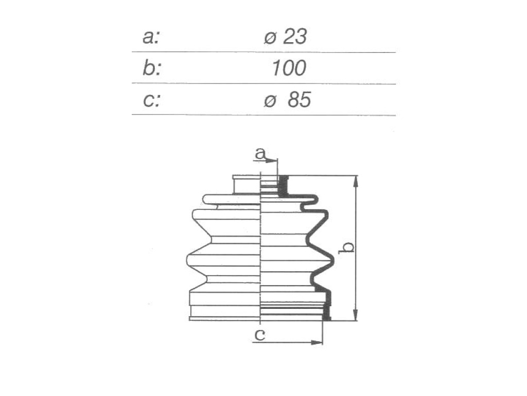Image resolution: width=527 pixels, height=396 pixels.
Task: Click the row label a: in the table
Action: [151, 37]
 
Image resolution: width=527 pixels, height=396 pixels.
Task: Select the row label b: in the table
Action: [152, 68]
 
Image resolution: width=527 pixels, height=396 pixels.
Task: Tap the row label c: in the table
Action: [151, 100]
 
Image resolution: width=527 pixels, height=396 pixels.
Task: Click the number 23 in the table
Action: [294, 37]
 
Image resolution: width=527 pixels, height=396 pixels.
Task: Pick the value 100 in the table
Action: [289, 68]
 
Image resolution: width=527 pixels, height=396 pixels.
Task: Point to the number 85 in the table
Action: [300, 100]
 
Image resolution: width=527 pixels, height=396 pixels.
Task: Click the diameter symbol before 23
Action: [270, 38]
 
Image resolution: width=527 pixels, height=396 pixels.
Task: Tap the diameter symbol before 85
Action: [270, 101]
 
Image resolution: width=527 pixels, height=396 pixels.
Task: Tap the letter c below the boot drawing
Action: [260, 334]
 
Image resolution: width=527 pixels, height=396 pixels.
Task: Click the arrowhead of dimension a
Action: [272, 161]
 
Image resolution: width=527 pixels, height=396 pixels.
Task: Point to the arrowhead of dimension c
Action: [317, 342]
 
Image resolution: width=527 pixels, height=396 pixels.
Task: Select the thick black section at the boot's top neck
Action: [284, 186]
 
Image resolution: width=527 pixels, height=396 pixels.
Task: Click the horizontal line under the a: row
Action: [263, 52]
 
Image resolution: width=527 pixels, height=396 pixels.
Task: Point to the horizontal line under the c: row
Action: [263, 115]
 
